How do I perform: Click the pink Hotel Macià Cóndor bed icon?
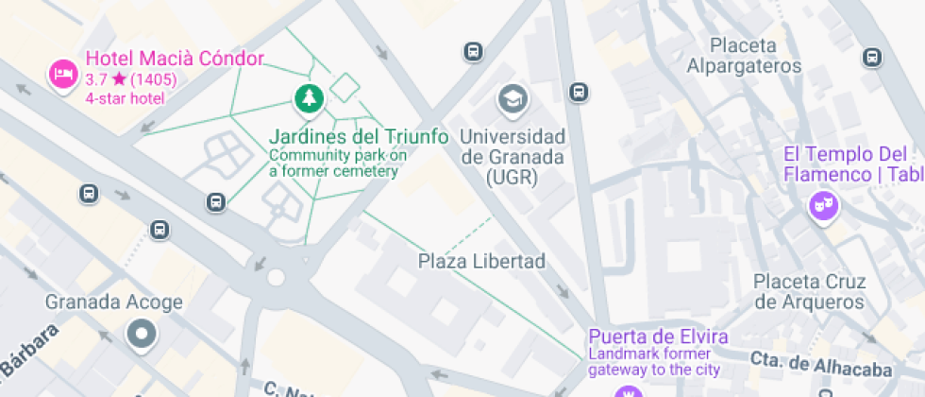62,73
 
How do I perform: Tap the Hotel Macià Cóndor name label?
175,59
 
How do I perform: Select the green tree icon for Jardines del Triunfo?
307,97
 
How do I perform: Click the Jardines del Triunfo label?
358,136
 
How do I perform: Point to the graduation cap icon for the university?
513,97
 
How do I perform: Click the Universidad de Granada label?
513,156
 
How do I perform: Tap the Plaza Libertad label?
481,261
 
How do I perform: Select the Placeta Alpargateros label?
744,56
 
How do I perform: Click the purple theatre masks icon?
823,204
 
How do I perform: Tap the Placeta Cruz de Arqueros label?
809,292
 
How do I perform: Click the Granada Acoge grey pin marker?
142,334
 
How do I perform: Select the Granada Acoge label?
114,302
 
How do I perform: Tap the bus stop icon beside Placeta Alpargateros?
873,57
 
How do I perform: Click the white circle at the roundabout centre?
276,278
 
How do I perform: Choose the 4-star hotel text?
125,97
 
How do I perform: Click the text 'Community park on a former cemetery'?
337,163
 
